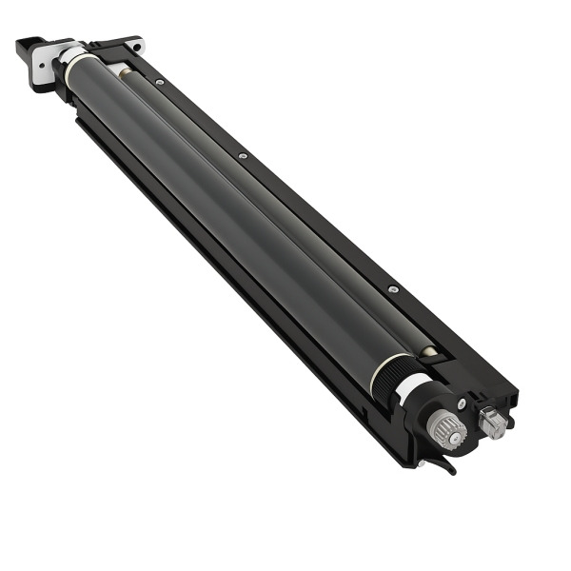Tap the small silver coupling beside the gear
point(492,423)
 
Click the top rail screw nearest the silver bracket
point(159,83)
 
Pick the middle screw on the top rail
point(244,155)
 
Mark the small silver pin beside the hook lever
point(420,463)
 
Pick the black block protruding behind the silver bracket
point(23,45)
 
